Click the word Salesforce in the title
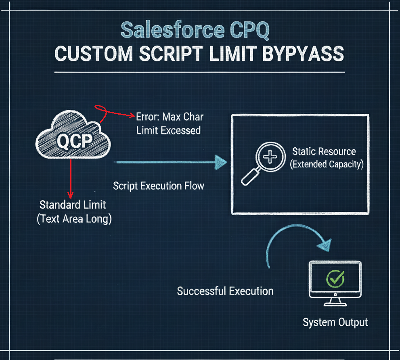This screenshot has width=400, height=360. tap(172, 30)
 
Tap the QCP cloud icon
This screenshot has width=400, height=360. tap(73, 134)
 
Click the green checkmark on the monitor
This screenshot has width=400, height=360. tap(335, 278)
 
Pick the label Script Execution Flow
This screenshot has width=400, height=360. tap(158, 186)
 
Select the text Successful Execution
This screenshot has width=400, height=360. tap(225, 291)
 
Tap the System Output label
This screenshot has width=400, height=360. tap(335, 322)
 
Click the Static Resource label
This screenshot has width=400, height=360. tap(324, 152)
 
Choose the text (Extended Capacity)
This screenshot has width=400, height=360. tap(327, 164)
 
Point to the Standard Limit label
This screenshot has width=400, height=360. tap(73, 205)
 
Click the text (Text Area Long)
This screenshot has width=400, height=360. tap(74, 219)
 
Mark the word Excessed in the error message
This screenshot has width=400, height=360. tap(181, 131)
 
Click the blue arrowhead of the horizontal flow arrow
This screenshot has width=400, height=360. tap(220, 162)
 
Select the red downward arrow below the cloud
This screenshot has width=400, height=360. tap(71, 179)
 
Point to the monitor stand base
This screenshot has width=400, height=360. tap(335, 304)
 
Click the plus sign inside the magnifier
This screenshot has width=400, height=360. tap(270, 157)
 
